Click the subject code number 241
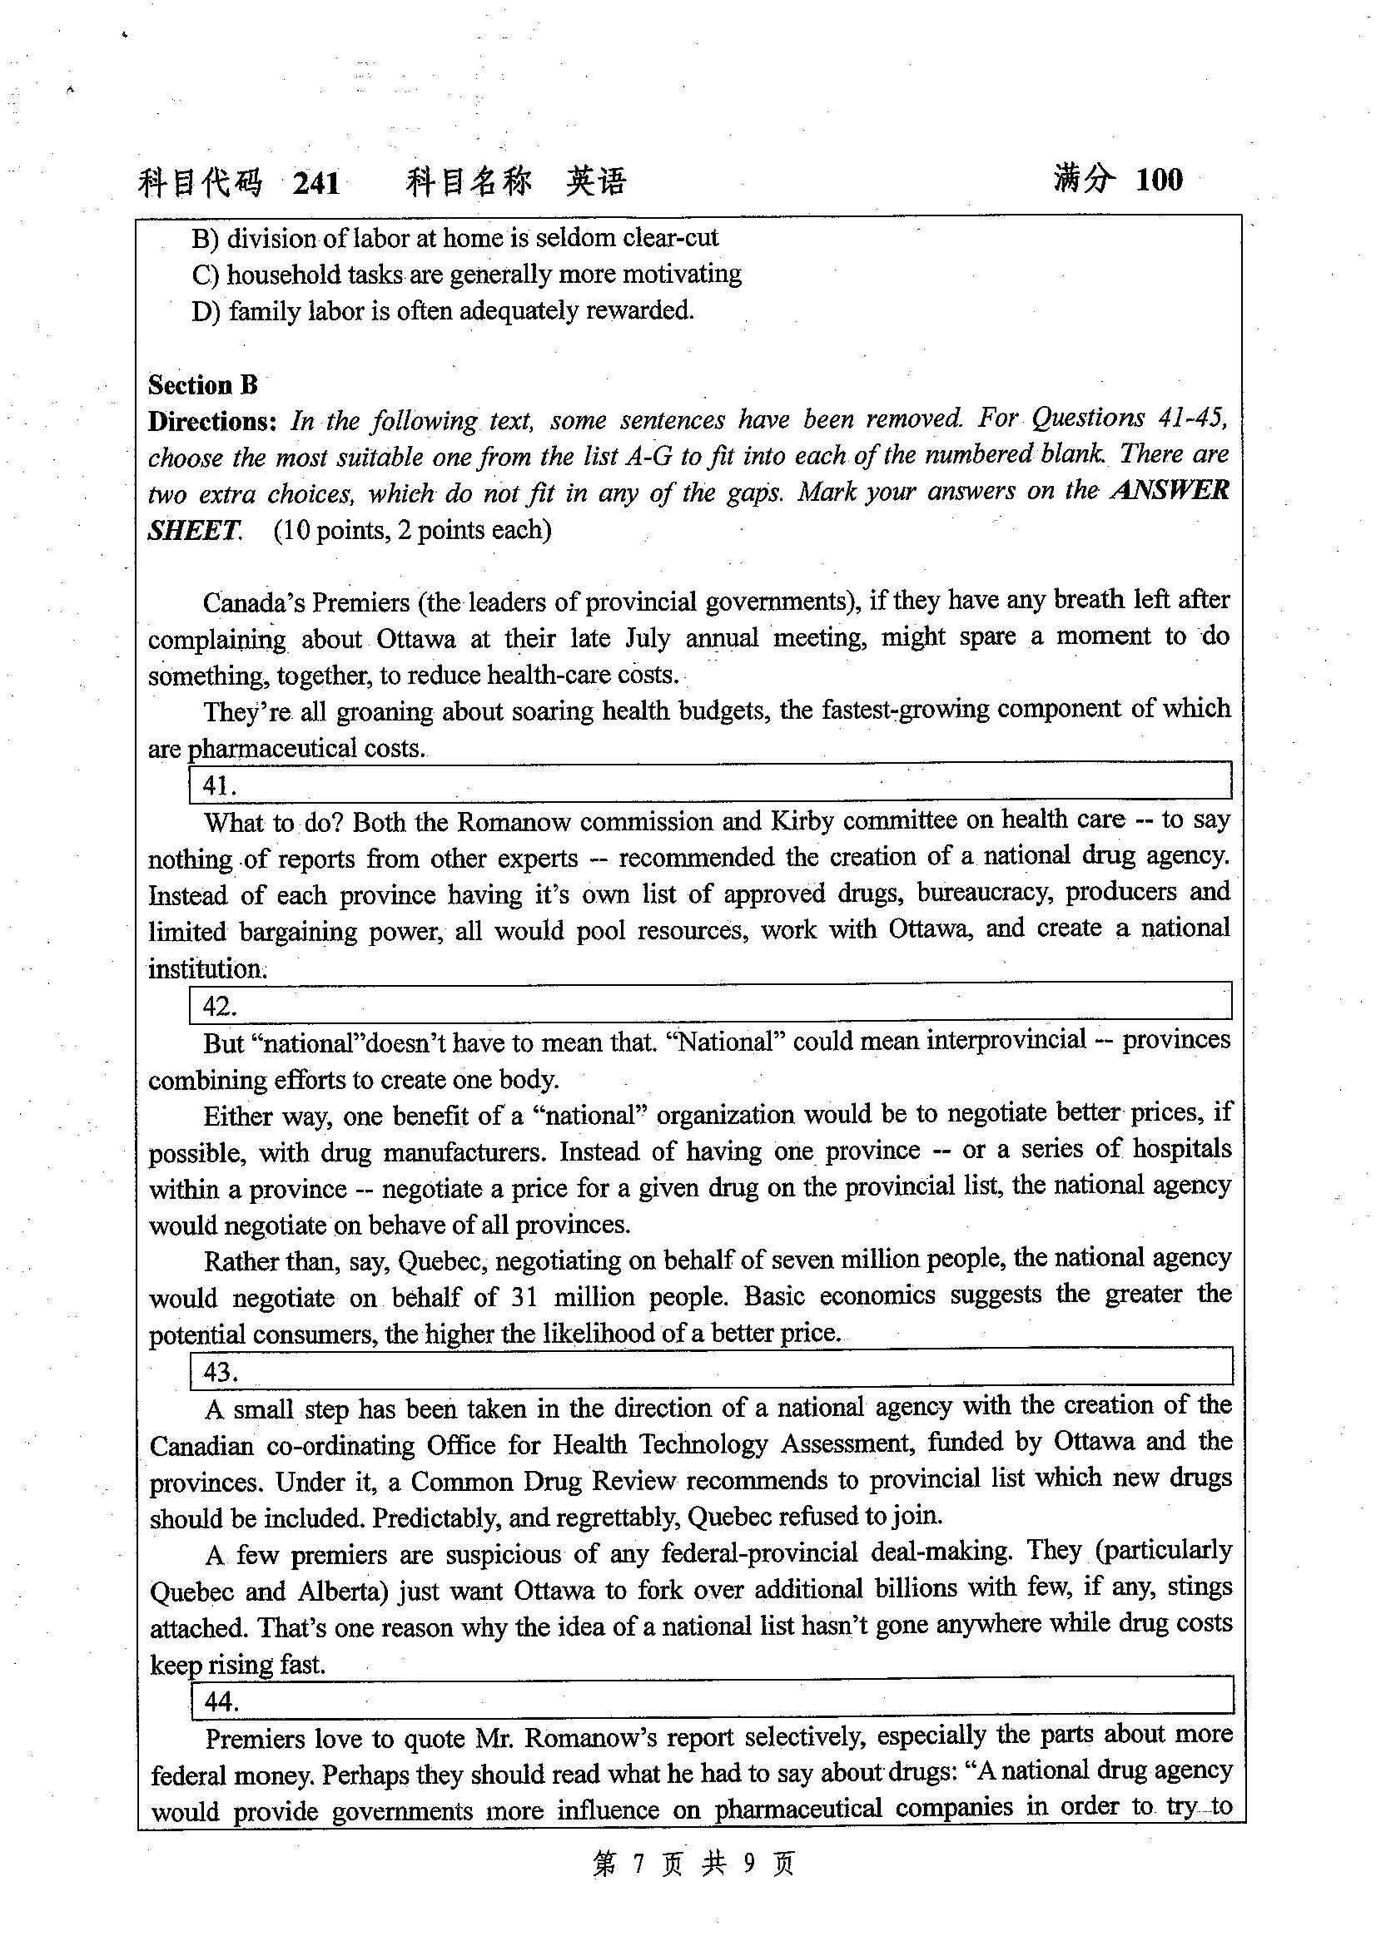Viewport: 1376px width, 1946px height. (316, 183)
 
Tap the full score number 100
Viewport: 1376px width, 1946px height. (1158, 180)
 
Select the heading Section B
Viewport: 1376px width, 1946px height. (202, 385)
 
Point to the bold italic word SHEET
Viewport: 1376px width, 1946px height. (194, 531)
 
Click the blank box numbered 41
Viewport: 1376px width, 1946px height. (709, 781)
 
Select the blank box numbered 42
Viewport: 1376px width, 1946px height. (709, 1002)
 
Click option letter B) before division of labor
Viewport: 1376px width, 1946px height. (205, 239)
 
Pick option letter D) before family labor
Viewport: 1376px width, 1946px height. (206, 312)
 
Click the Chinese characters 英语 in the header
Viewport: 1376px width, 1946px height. (596, 181)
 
